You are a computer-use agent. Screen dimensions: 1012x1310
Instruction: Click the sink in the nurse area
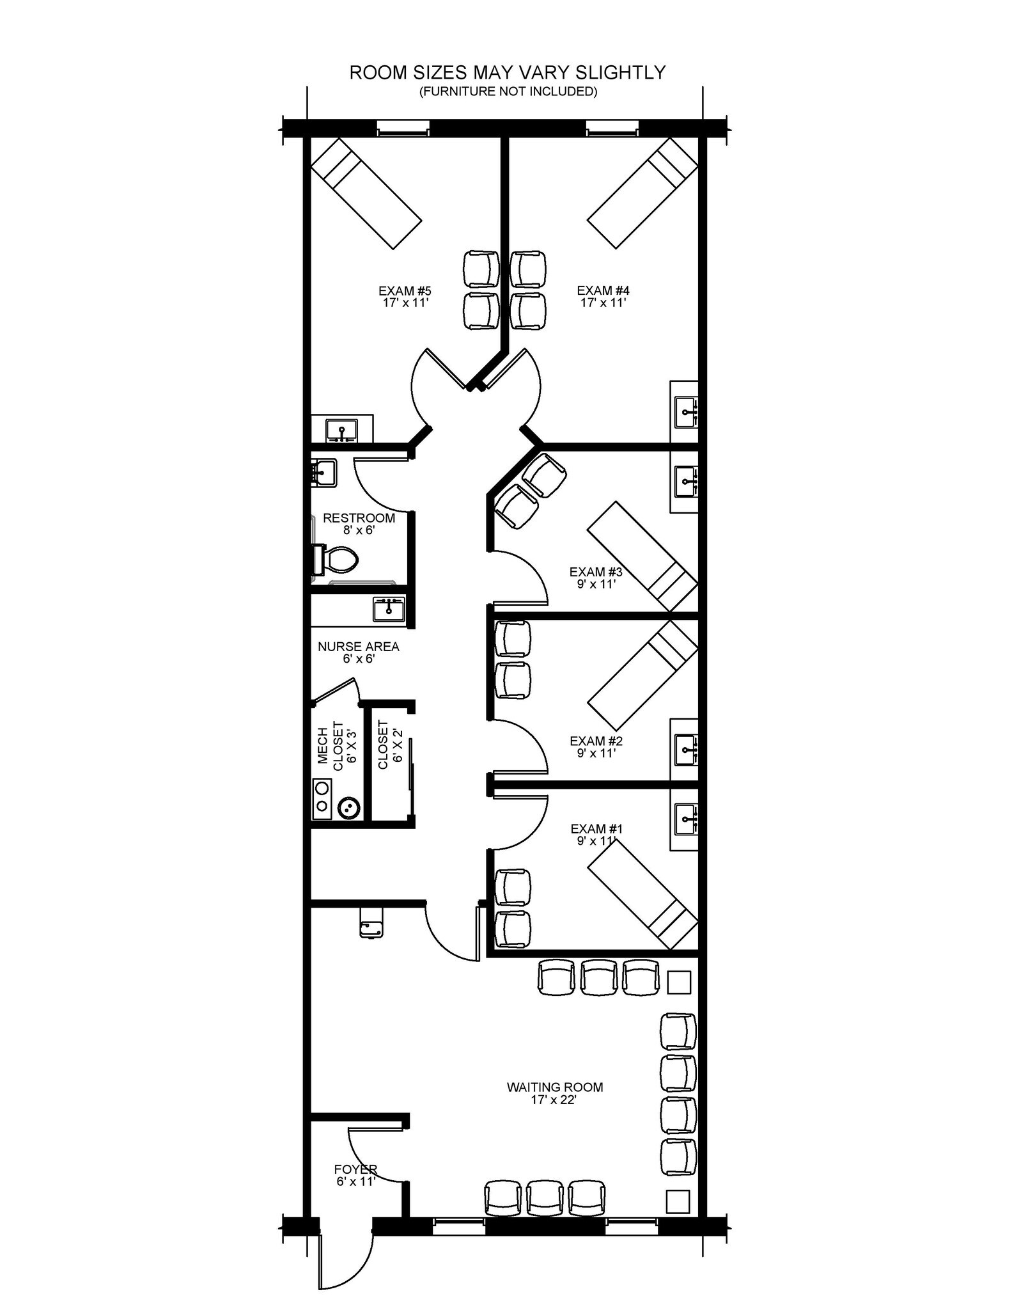click(x=389, y=610)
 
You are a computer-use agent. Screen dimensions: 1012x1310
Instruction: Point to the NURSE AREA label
click(x=359, y=647)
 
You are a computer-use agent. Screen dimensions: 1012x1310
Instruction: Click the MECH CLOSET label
click(x=336, y=746)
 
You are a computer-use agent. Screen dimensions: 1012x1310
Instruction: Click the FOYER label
click(x=355, y=1169)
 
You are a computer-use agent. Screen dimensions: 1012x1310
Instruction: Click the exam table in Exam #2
click(x=642, y=675)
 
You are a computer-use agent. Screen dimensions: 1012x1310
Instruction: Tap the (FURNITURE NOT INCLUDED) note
click(x=508, y=91)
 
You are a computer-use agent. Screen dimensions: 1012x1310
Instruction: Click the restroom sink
click(x=323, y=473)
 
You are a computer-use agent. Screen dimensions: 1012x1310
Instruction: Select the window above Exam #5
click(x=402, y=128)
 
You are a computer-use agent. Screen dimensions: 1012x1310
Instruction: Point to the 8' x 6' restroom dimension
click(x=359, y=530)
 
